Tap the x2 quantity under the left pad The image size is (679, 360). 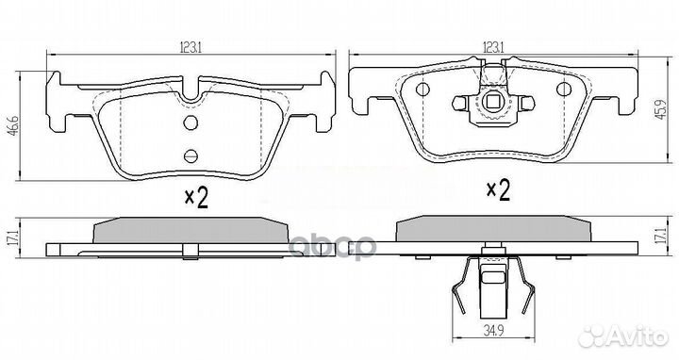pyautogui.click(x=194, y=198)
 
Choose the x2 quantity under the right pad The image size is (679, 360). pyautogui.click(x=496, y=192)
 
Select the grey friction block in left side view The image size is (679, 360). pyautogui.click(x=190, y=230)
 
